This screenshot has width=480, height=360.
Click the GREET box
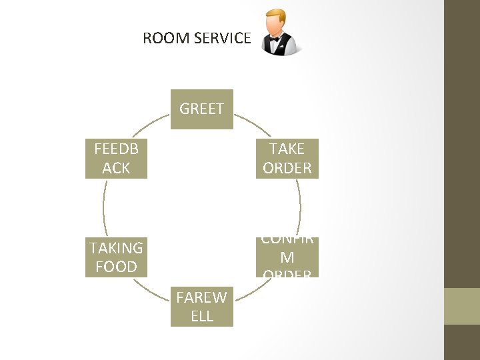tap(201, 109)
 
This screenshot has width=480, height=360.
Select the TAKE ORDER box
tap(287, 159)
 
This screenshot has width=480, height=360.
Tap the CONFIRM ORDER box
tap(287, 257)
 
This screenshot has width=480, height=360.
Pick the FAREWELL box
tap(201, 307)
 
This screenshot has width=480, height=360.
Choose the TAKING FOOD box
tap(116, 257)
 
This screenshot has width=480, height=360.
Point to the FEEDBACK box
tap(116, 159)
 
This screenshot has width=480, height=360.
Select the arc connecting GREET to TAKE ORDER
tap(254, 123)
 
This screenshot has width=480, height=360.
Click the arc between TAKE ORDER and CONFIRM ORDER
tap(299, 207)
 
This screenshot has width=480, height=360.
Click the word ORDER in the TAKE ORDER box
tap(287, 168)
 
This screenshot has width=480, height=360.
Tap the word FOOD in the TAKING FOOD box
tap(116, 267)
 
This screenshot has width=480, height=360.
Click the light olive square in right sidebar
tap(462, 306)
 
